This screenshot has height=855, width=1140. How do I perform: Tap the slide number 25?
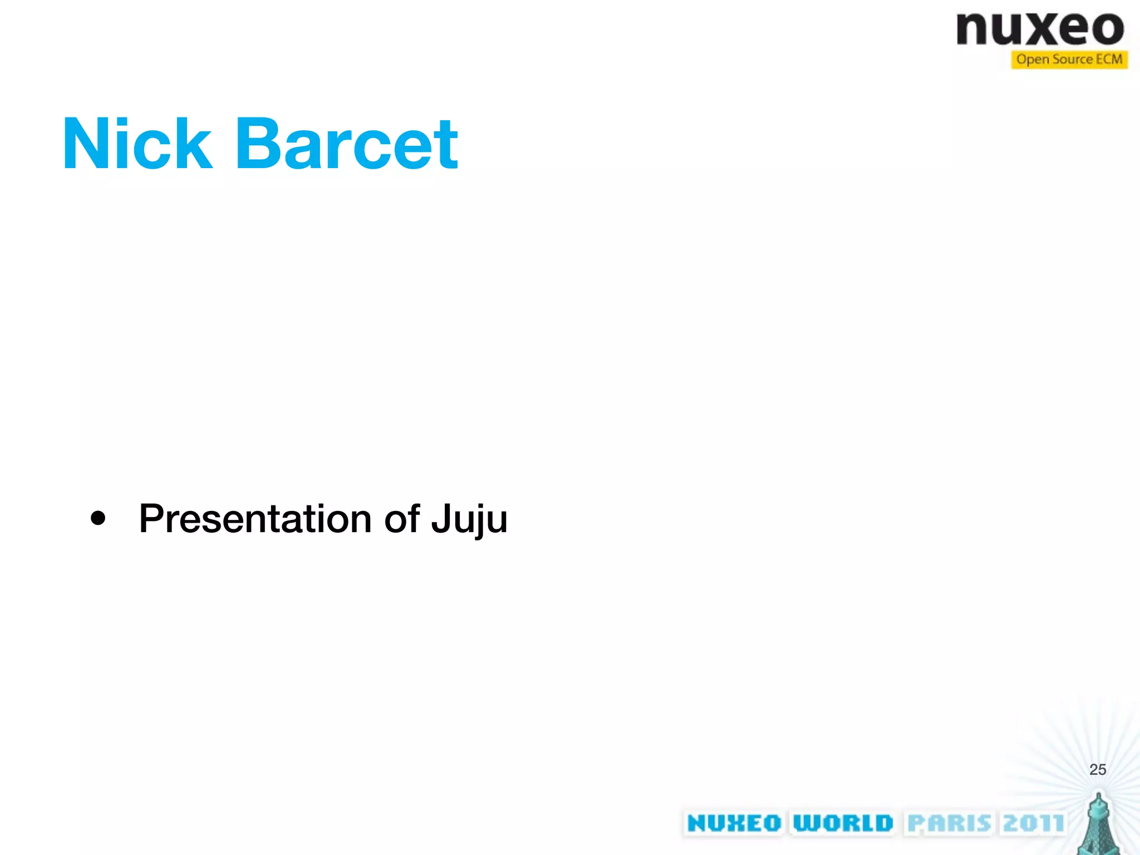[1097, 769]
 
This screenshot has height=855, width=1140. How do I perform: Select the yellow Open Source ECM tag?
[1069, 60]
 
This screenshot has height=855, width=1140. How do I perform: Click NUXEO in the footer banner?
[734, 823]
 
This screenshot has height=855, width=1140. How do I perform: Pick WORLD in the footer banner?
[843, 823]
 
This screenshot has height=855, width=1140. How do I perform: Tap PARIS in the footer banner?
[949, 823]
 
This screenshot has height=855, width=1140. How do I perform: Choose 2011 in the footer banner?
[1034, 823]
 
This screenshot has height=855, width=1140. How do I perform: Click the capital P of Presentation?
[151, 518]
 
